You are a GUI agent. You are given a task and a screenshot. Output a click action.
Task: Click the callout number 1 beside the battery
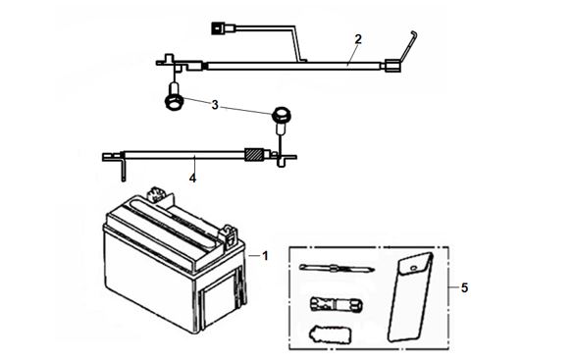click(265, 256)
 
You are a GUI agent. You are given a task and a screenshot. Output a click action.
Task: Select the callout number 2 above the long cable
click(358, 39)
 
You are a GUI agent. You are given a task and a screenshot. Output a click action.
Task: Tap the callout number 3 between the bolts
click(215, 105)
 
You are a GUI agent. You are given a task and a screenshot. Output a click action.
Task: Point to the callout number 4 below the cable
click(192, 179)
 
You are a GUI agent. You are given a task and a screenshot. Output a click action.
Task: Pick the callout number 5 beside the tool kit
click(464, 288)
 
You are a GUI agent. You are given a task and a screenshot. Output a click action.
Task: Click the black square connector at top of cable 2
click(218, 28)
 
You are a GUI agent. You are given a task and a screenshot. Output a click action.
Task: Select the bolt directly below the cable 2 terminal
click(174, 97)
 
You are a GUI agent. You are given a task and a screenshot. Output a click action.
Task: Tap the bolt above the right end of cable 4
click(281, 118)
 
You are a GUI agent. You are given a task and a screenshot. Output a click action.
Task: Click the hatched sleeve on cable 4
click(253, 155)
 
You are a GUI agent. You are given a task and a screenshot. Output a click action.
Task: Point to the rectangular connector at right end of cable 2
click(392, 66)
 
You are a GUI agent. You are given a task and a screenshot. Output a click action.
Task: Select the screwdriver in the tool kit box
click(337, 269)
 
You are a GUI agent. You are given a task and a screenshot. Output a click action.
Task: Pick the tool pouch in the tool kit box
click(410, 297)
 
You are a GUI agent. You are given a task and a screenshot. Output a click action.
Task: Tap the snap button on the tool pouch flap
click(413, 269)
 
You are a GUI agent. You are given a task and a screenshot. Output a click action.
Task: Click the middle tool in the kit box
click(336, 304)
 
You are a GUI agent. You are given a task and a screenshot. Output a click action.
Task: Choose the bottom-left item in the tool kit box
click(331, 334)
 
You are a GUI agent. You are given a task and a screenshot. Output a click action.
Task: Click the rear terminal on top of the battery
click(158, 194)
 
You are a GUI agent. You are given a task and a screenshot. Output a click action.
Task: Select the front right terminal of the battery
click(229, 233)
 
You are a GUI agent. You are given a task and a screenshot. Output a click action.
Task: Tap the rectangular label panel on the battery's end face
click(219, 300)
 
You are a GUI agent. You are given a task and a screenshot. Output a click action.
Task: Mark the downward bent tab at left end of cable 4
click(124, 168)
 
